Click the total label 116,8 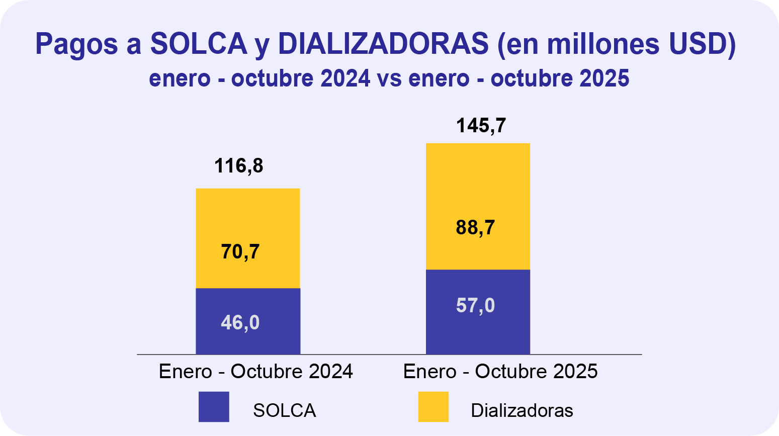[x=239, y=166]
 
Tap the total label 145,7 [x=481, y=126]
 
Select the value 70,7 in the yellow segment [x=240, y=251]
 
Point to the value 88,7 [x=475, y=228]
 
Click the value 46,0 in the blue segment [x=240, y=322]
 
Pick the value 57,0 [x=475, y=306]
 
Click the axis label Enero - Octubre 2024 [x=256, y=372]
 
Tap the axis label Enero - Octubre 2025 [x=500, y=372]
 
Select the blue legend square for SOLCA [x=214, y=407]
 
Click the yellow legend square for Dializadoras [x=434, y=407]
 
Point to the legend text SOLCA [x=285, y=411]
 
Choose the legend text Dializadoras [x=522, y=411]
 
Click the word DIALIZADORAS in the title [x=383, y=44]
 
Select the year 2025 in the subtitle [x=603, y=79]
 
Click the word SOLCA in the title [x=199, y=44]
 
